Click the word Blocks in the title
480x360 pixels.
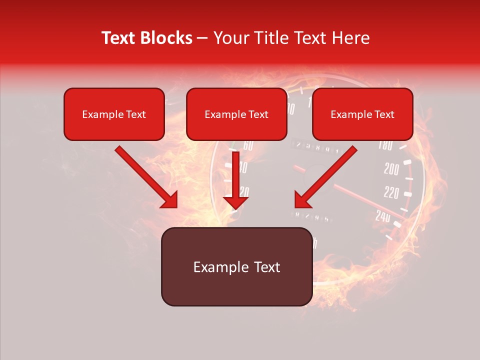coord(167,38)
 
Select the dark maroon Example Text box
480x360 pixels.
coord(236,267)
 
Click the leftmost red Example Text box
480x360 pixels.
coord(114,114)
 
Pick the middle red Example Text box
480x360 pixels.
coord(236,114)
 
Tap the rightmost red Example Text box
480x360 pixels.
coord(362,114)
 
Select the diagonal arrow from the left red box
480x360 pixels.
coord(147,177)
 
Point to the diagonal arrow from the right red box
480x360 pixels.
coord(325,177)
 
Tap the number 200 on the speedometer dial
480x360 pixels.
coord(391,169)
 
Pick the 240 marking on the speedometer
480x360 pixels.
coord(383,215)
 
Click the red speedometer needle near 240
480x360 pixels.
coord(365,202)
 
